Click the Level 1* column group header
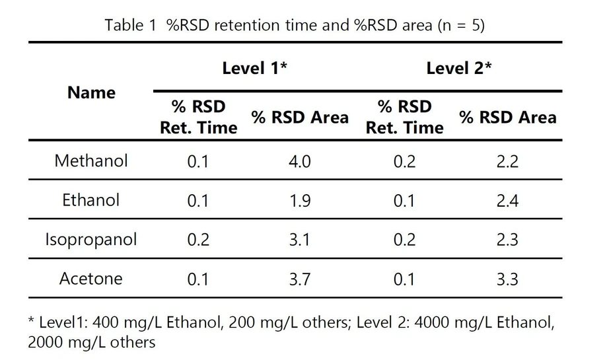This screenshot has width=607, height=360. click(x=254, y=68)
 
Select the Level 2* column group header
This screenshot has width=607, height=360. click(x=459, y=68)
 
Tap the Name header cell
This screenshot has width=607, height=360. click(x=91, y=92)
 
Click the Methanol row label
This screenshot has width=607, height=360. click(x=91, y=161)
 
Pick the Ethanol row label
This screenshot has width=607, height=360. click(x=91, y=199)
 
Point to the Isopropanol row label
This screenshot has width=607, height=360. click(x=91, y=239)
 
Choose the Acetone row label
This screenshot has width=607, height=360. click(x=91, y=278)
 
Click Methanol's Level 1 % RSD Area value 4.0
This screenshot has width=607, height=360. click(x=300, y=161)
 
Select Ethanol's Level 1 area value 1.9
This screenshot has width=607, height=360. click(x=300, y=200)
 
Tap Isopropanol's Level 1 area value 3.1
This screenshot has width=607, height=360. click(x=300, y=240)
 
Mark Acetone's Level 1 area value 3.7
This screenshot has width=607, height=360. click(x=300, y=279)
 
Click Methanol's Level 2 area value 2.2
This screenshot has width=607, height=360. click(x=507, y=161)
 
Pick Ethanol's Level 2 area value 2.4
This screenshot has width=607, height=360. click(x=507, y=200)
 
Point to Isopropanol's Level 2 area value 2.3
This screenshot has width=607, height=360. click(x=507, y=240)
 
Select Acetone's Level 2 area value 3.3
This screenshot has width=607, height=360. click(x=507, y=279)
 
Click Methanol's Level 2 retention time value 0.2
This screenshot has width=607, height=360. click(x=404, y=161)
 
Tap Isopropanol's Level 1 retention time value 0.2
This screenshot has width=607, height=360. click(x=198, y=240)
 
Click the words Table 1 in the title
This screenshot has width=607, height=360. click(x=129, y=26)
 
